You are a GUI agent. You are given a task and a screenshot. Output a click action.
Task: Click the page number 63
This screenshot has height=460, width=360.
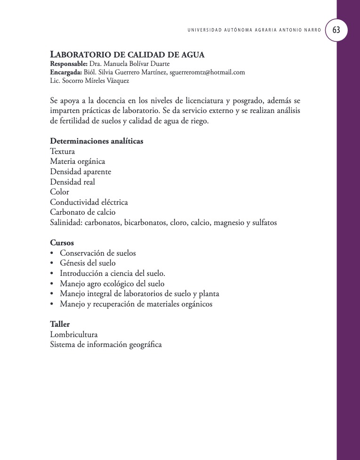click(336, 30)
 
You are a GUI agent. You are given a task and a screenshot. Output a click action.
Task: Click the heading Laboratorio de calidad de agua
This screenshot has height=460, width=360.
click(127, 55)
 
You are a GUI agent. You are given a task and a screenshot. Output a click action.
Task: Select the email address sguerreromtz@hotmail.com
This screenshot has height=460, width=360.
click(207, 72)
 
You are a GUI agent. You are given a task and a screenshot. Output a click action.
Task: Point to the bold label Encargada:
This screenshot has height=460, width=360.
click(66, 72)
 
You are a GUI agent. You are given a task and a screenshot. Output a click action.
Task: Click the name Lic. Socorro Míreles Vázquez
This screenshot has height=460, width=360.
click(89, 81)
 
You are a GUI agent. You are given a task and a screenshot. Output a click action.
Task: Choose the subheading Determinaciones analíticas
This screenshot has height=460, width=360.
click(96, 141)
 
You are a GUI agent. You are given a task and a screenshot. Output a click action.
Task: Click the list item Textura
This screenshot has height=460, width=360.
click(62, 151)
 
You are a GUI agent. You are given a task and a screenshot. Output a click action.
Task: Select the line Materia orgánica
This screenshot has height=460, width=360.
click(78, 161)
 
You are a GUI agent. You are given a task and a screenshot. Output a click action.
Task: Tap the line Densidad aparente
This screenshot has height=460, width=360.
click(80, 171)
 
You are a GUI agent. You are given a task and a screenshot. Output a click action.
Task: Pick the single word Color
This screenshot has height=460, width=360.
click(59, 192)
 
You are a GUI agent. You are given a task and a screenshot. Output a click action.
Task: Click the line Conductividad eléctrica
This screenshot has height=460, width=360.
click(89, 202)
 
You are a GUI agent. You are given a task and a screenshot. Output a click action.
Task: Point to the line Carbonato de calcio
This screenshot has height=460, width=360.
click(83, 212)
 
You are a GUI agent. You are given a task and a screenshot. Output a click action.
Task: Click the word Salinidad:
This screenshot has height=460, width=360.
click(66, 222)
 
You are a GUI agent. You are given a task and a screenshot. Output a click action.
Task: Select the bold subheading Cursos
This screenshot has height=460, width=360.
click(62, 243)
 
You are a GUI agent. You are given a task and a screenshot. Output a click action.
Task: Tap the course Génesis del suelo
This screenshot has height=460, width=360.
click(88, 263)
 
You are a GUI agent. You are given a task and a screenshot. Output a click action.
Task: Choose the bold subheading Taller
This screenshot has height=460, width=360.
click(60, 324)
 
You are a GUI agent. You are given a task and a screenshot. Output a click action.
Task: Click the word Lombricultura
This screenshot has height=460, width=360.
click(74, 334)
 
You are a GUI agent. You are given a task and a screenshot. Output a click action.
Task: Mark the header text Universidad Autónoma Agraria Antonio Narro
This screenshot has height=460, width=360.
click(254, 30)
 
